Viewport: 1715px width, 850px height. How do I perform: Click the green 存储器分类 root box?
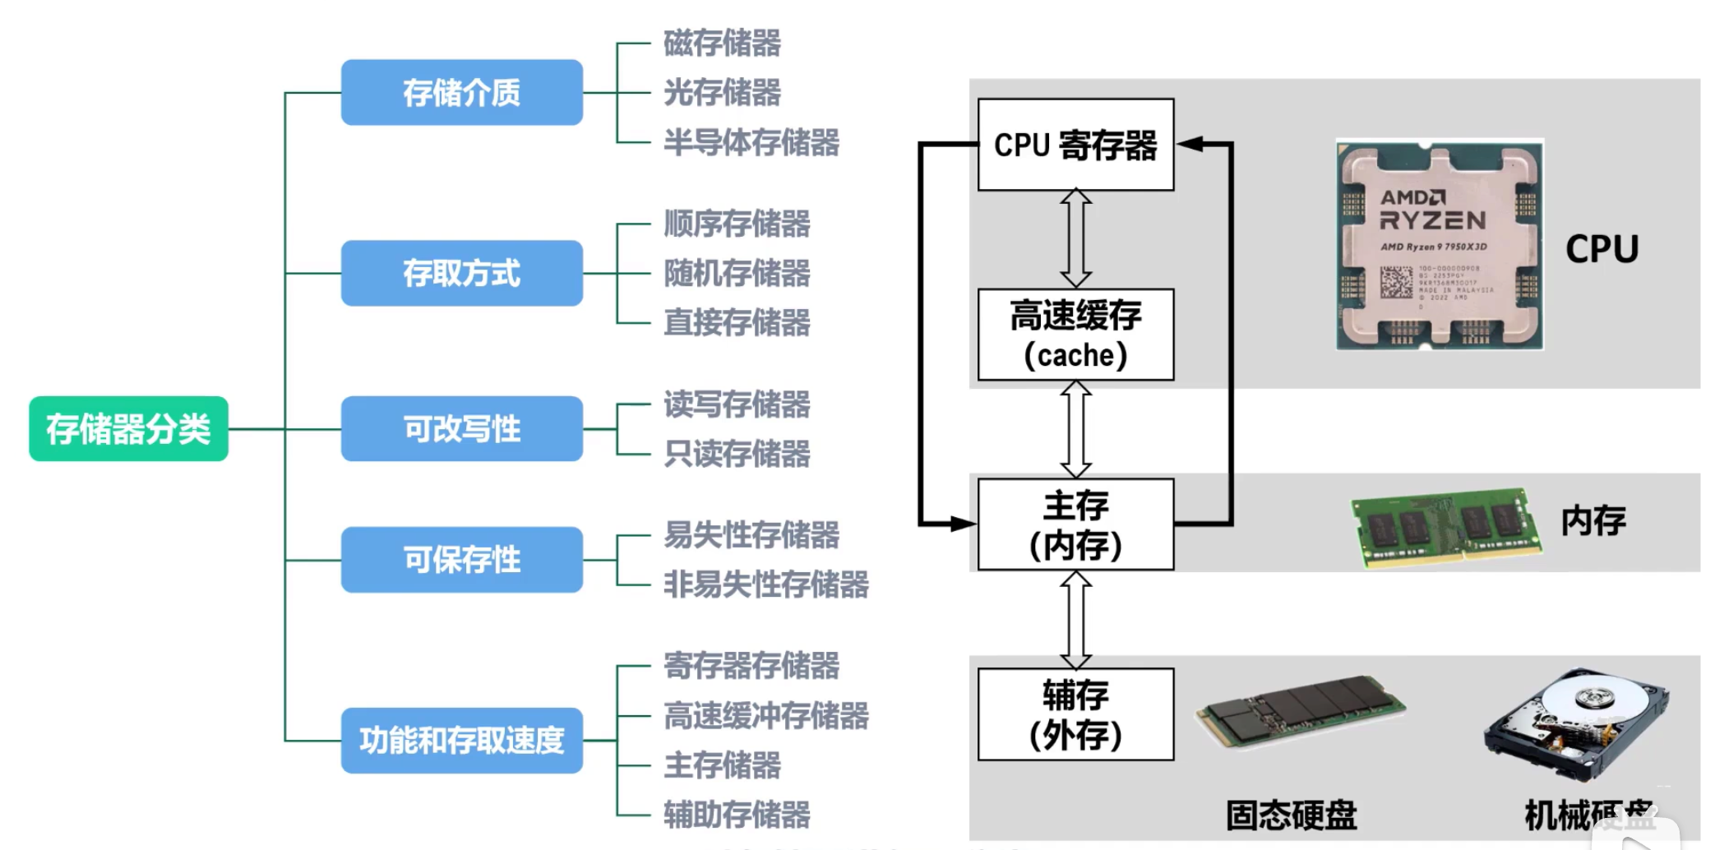tap(128, 429)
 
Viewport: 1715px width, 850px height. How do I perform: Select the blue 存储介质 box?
tap(461, 92)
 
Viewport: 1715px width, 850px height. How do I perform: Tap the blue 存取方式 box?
tap(461, 273)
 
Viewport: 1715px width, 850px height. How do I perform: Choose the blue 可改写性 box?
tap(461, 429)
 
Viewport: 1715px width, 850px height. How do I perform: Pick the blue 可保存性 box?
tap(461, 560)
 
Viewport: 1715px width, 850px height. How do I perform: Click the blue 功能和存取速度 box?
tap(461, 741)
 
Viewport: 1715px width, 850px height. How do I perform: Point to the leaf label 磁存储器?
tap(722, 43)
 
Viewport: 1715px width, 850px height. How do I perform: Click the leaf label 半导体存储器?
tap(751, 142)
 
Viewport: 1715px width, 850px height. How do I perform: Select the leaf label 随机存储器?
tap(737, 273)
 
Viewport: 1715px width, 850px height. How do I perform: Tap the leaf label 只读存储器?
tap(737, 454)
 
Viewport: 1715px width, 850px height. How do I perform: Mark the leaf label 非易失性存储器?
tap(766, 584)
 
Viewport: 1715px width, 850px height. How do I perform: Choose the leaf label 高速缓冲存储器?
tap(766, 715)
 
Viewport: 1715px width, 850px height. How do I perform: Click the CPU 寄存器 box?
tap(1075, 146)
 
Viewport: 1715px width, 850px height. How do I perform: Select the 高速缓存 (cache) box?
tap(1075, 335)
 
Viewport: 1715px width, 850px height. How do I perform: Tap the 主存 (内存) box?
tap(1075, 524)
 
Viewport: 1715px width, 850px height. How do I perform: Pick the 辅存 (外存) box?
tap(1075, 714)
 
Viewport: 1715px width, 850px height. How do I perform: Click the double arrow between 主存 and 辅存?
tap(1075, 620)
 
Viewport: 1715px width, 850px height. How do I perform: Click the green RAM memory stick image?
tap(1446, 526)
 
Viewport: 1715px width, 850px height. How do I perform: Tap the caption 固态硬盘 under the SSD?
tap(1291, 815)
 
